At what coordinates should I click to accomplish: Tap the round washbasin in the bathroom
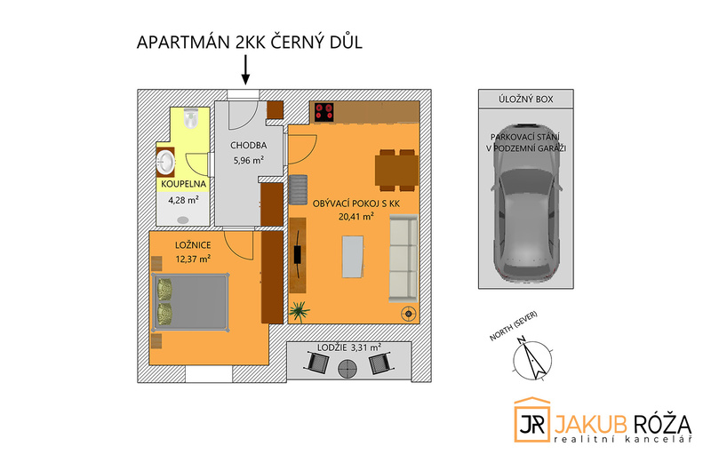(167, 163)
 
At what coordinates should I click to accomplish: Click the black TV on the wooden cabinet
(298, 252)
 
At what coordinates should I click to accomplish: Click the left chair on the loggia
(317, 363)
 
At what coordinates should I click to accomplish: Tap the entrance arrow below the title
(246, 68)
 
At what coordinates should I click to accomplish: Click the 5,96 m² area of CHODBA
(248, 161)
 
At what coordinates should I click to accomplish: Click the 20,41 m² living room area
(355, 215)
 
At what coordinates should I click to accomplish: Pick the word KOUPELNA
(183, 183)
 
